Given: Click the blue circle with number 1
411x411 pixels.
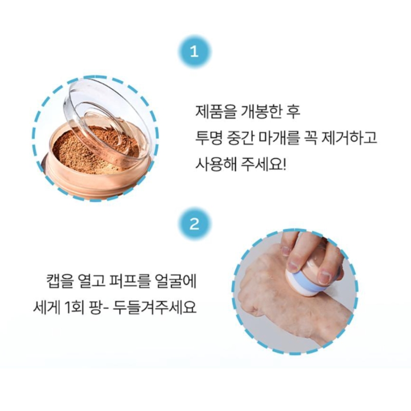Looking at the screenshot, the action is point(194,52).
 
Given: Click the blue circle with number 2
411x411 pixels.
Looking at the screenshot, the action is point(194,224).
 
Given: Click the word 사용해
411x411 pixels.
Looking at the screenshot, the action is point(214,164).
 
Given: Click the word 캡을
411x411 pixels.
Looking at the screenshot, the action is point(59,281).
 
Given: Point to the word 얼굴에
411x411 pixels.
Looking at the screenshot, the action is point(176,281).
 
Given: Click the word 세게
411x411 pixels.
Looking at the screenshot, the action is point(45,307).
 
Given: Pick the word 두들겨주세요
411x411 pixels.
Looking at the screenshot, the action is point(155,307).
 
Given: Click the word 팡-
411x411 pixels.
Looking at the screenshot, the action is point(99,307).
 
